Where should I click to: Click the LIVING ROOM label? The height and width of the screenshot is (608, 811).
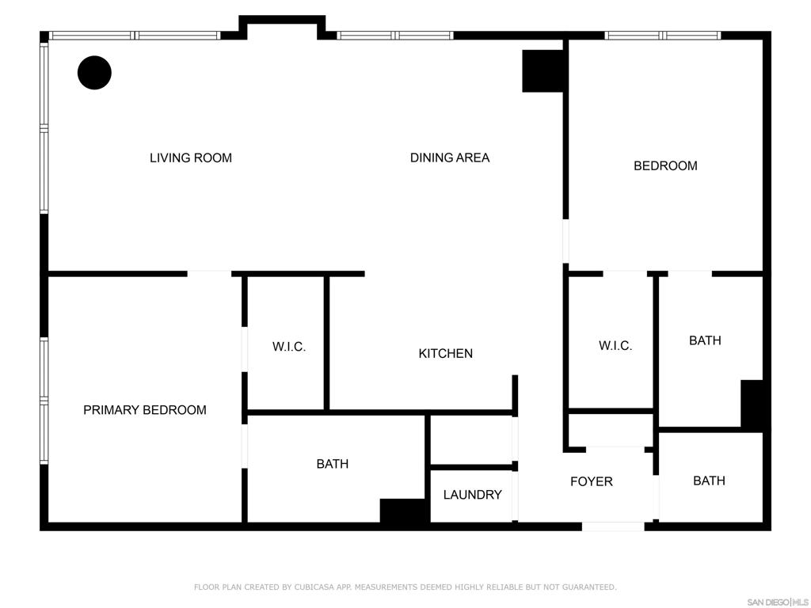click(x=191, y=158)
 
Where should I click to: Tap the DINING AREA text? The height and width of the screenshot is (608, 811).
click(x=450, y=158)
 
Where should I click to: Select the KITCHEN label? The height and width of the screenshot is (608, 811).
click(x=445, y=354)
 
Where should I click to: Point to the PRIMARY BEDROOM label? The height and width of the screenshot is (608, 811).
click(x=145, y=410)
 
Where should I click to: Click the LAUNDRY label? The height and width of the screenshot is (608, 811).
click(x=472, y=495)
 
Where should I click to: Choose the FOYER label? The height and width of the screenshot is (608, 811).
click(x=591, y=482)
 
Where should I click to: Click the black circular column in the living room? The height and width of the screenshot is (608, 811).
click(x=95, y=73)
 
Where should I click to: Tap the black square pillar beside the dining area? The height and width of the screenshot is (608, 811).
click(x=543, y=71)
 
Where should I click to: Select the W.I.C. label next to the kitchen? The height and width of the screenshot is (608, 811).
click(x=289, y=347)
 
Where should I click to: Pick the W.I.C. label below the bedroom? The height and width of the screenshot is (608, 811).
click(x=615, y=345)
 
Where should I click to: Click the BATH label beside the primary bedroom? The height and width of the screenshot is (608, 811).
click(x=333, y=464)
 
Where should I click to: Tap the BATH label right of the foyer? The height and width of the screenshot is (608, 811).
click(x=709, y=481)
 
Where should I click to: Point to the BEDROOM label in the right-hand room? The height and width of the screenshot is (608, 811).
click(x=665, y=166)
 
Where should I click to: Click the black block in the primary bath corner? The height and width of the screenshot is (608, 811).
click(x=405, y=511)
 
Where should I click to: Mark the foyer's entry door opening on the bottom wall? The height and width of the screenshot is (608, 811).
click(x=613, y=526)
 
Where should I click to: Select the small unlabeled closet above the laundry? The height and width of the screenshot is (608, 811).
click(x=471, y=440)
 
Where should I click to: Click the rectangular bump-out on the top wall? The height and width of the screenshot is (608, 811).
click(x=282, y=28)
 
